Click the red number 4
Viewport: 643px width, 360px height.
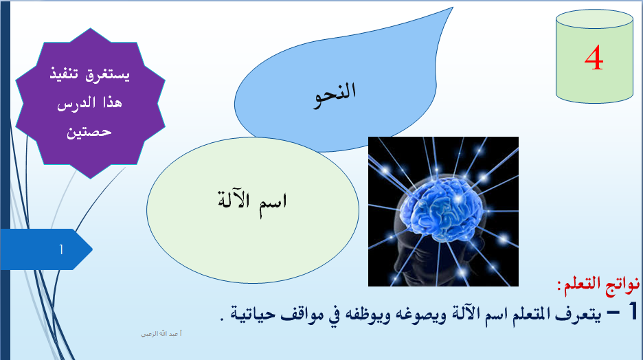click(594, 58)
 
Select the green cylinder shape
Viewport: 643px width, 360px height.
click(594, 56)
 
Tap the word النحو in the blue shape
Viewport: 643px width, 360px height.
click(335, 95)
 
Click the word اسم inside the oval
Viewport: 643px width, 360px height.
click(273, 203)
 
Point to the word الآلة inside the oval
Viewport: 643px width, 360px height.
click(234, 200)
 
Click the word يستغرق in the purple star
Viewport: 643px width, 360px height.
click(108, 75)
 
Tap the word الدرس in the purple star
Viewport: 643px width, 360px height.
click(76, 102)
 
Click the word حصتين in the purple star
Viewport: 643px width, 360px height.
click(89, 132)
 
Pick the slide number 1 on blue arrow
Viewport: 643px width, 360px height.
click(61, 249)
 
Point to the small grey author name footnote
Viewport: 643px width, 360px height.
click(161, 334)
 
